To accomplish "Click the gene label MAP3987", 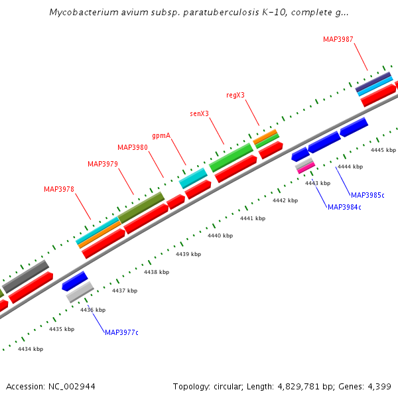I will pyautogui.click(x=338, y=39).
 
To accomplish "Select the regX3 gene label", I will pyautogui.click(x=235, y=95).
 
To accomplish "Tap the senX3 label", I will pyautogui.click(x=199, y=113).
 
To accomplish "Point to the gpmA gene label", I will pyautogui.click(x=161, y=135).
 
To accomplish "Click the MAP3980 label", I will pyautogui.click(x=133, y=147).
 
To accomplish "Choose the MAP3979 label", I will pyautogui.click(x=103, y=164).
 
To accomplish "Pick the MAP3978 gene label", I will pyautogui.click(x=59, y=189).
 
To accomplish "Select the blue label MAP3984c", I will pyautogui.click(x=344, y=207).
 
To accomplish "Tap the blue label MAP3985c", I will pyautogui.click(x=367, y=195).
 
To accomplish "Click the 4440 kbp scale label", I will pyautogui.click(x=220, y=235).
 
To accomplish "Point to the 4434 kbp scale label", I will pyautogui.click(x=31, y=349).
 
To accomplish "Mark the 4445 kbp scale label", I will pyautogui.click(x=383, y=151).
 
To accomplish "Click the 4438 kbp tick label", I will pyautogui.click(x=157, y=272).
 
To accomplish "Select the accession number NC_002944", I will pyautogui.click(x=72, y=386).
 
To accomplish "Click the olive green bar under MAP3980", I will pyautogui.click(x=141, y=208).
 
